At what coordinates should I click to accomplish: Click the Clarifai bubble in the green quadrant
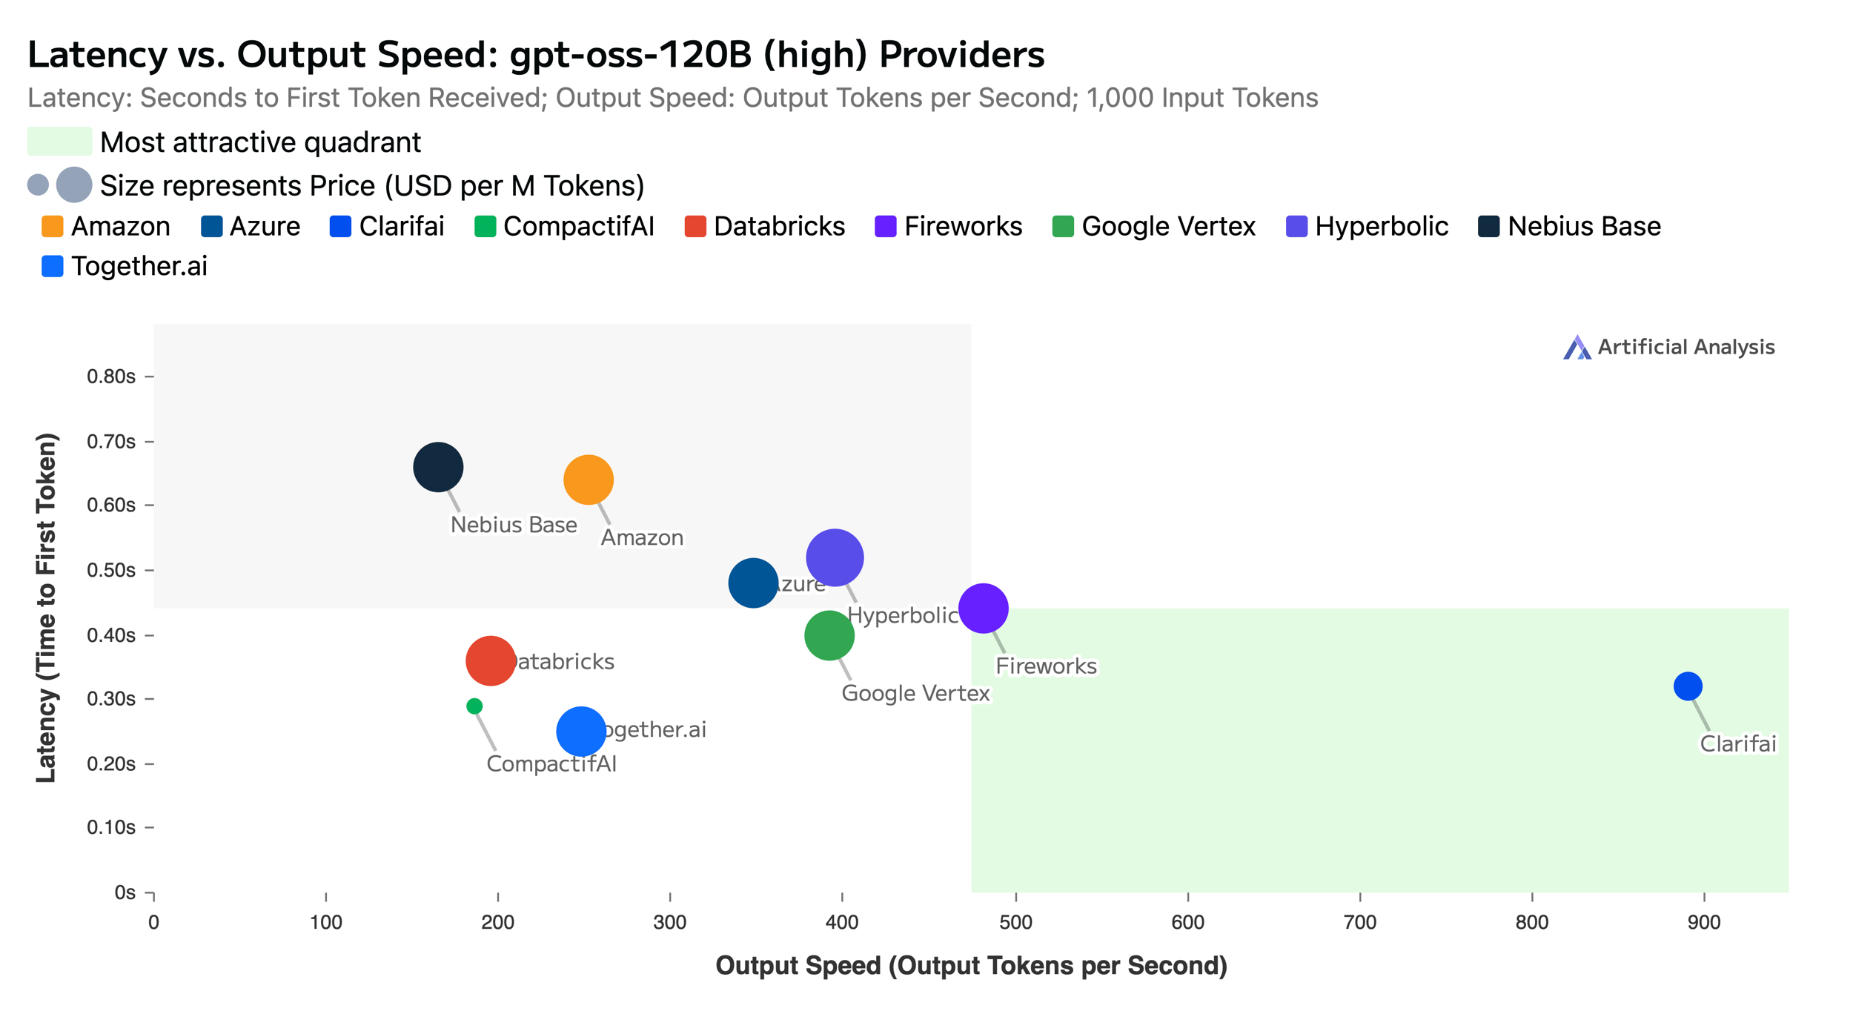pyautogui.click(x=1687, y=686)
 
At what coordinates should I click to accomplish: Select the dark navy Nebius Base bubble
pyautogui.click(x=438, y=467)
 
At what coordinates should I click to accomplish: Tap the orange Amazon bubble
pyautogui.click(x=589, y=480)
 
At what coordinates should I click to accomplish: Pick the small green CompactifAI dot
pyautogui.click(x=474, y=706)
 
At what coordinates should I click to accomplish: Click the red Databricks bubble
pyautogui.click(x=490, y=660)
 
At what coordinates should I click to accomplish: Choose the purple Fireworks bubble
pyautogui.click(x=983, y=608)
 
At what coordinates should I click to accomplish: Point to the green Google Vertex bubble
pyautogui.click(x=829, y=635)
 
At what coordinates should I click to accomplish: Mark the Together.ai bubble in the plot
pyautogui.click(x=581, y=731)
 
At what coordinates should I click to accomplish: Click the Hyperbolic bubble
pyautogui.click(x=835, y=557)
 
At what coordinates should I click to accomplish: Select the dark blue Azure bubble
pyautogui.click(x=753, y=583)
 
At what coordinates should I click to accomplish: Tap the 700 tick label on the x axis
pyautogui.click(x=1359, y=922)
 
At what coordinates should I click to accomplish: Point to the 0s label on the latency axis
pyautogui.click(x=125, y=892)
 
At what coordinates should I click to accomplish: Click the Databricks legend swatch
pyautogui.click(x=695, y=226)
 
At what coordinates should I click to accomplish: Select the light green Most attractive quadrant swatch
pyautogui.click(x=59, y=142)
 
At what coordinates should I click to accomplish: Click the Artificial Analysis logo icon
pyautogui.click(x=1577, y=347)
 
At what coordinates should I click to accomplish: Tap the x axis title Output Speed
pyautogui.click(x=971, y=966)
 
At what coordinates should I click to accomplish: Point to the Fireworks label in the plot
pyautogui.click(x=1045, y=666)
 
